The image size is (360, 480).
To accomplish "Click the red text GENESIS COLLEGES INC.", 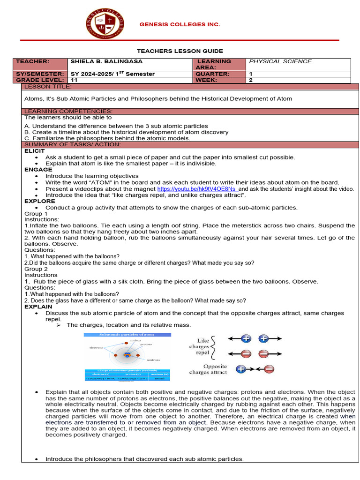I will tap(180, 24).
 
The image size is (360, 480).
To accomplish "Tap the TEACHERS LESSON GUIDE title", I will tap(180, 51).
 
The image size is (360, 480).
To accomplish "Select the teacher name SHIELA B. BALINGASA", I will tap(106, 61).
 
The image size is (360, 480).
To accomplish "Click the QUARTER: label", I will tap(212, 74).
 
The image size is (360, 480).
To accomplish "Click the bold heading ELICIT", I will tap(35, 151).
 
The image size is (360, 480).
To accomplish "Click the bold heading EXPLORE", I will tap(40, 201).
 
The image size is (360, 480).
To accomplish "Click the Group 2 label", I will tap(36, 269).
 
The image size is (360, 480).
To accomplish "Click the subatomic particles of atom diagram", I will tap(127, 356).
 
